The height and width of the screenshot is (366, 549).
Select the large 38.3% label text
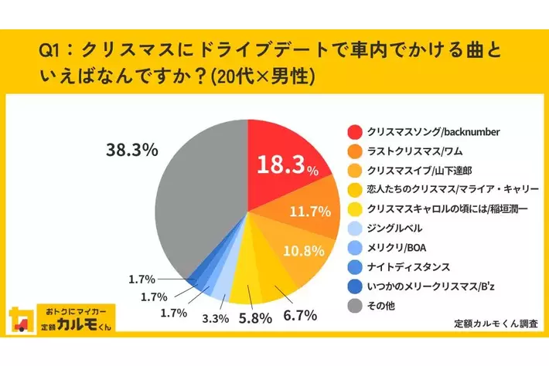pos(131,151)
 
